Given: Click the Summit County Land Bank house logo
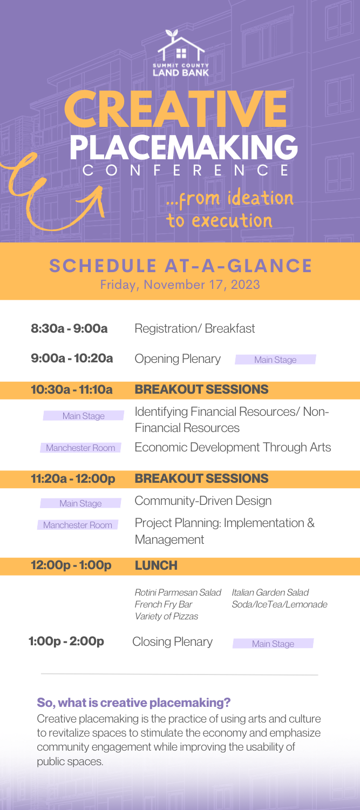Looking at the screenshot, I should (x=180, y=53).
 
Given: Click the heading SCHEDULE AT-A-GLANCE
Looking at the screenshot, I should (x=180, y=266).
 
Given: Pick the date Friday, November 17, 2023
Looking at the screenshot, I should (x=180, y=284).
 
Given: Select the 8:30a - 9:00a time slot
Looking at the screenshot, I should (x=70, y=328).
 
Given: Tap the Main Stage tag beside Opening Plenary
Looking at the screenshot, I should (x=275, y=360).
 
